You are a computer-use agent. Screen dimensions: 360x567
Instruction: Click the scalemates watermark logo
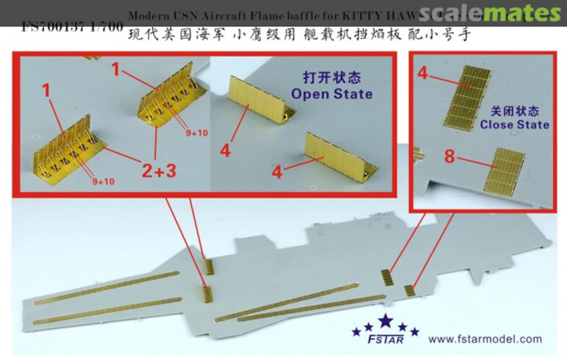tap(490, 13)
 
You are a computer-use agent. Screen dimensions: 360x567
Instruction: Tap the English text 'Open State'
tap(331, 94)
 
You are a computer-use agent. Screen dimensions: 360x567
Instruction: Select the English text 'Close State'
tap(514, 124)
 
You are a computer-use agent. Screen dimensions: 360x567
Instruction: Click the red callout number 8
tap(449, 156)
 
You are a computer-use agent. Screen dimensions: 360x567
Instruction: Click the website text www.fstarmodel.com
tap(485, 339)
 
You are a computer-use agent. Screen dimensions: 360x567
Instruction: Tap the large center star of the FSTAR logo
tap(386, 321)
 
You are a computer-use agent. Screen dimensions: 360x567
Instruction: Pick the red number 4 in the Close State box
tap(423, 73)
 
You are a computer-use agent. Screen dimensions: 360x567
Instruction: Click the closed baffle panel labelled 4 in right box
tap(468, 99)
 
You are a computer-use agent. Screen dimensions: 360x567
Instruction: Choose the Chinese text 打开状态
tap(332, 78)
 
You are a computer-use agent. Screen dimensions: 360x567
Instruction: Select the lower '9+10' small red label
tap(102, 182)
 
